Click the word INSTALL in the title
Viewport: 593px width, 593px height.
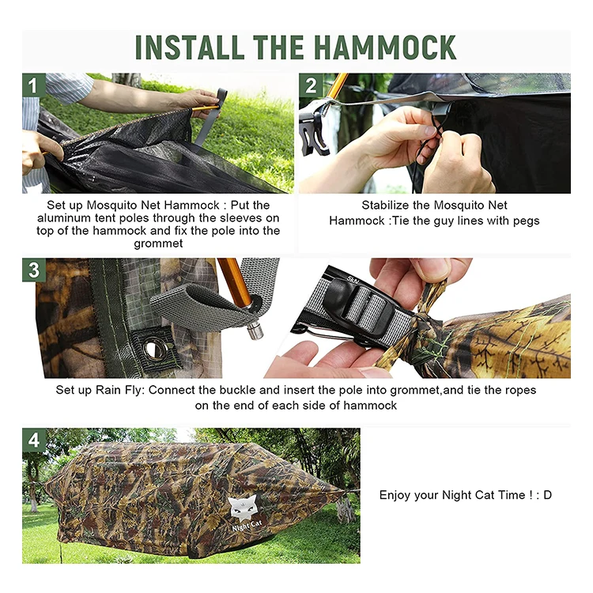coord(187,47)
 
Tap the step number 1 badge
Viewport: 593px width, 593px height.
coord(33,85)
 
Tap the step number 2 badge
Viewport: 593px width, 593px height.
coord(310,85)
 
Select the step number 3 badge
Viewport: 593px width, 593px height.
coord(33,270)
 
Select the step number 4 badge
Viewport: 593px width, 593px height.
coord(33,440)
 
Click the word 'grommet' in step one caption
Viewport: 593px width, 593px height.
coord(157,244)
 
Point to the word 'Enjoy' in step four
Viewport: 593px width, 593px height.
coord(395,495)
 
